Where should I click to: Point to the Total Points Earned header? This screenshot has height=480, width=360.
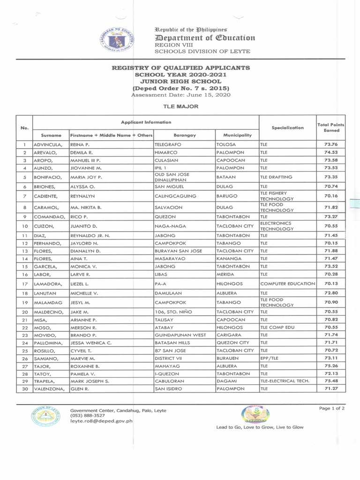coord(330,127)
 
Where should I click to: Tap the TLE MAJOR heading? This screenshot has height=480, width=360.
coord(180,106)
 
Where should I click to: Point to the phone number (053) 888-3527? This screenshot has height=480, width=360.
coord(88,415)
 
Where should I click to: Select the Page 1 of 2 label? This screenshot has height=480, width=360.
coord(332,408)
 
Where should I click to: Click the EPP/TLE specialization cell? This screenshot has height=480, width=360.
coord(270,358)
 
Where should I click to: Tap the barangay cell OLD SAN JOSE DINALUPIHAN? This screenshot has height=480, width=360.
coord(172,177)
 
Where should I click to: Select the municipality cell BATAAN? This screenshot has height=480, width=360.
coord(227,177)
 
